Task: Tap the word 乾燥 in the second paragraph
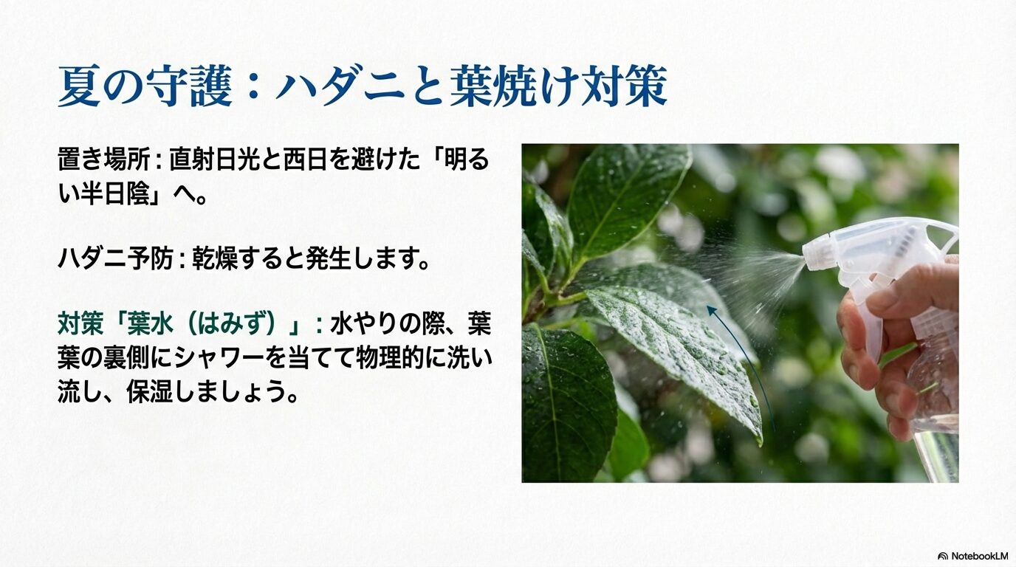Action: [x=215, y=260]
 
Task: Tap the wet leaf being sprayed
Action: [x=672, y=340]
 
